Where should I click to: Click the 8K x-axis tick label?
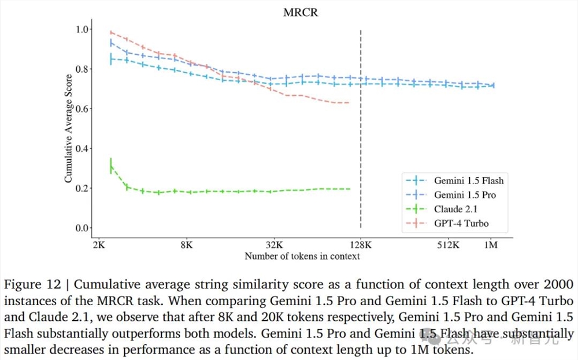click(186, 245)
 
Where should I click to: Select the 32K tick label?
click(274, 245)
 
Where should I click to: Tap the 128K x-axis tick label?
click(361, 245)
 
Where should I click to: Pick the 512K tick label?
click(448, 245)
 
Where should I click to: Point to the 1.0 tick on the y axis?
click(81, 29)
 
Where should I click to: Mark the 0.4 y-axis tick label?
click(81, 149)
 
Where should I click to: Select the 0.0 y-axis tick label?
click(81, 228)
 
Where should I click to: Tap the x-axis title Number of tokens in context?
click(302, 256)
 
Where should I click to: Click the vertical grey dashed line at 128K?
click(361, 144)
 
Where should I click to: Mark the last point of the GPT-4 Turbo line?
click(349, 103)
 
